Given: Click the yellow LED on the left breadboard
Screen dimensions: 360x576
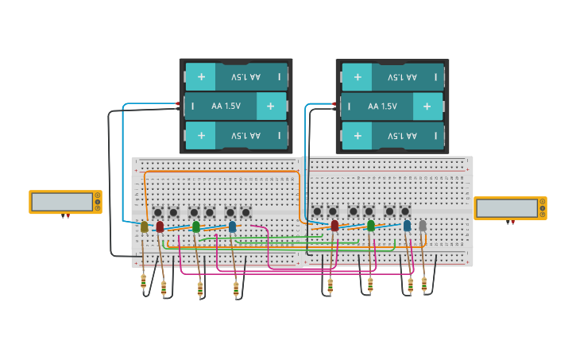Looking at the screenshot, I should click(x=144, y=227).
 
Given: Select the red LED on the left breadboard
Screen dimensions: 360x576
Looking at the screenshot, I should click(x=160, y=226).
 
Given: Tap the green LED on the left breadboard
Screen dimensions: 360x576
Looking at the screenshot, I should click(x=196, y=226).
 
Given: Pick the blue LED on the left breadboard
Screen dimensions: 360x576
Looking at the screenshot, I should click(x=232, y=226).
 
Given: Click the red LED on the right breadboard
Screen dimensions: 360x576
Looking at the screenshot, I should click(x=334, y=226).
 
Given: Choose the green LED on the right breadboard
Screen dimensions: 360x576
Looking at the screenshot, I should click(x=370, y=226).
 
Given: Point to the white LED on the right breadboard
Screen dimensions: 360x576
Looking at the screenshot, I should click(x=422, y=226).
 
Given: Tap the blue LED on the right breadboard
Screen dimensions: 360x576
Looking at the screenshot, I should click(x=407, y=226).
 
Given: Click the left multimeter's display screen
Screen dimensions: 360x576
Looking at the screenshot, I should click(x=62, y=202).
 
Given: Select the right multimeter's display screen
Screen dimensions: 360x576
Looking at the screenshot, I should click(x=507, y=208).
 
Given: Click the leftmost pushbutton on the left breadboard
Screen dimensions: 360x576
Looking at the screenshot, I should click(x=158, y=212).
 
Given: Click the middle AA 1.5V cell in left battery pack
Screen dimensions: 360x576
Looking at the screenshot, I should click(x=236, y=106).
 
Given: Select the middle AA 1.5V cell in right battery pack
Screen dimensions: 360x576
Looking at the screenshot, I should click(x=392, y=106).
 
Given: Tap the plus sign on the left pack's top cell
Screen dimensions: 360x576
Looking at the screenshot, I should click(x=201, y=77).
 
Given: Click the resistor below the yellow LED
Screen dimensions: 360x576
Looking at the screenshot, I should click(x=144, y=281).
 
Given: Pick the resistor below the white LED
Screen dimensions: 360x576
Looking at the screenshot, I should click(x=424, y=283).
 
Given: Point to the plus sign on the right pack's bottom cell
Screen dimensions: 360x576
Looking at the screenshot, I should click(x=358, y=135).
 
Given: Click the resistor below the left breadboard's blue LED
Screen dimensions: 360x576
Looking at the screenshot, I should click(x=236, y=288).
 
